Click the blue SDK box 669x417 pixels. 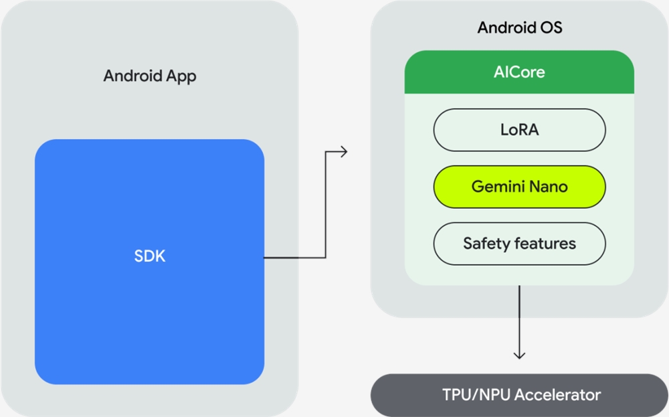[149, 261]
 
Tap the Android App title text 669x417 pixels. [150, 76]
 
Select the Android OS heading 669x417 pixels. [519, 28]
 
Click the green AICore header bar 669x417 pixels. [519, 72]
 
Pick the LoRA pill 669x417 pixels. [519, 130]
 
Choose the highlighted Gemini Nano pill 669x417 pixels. [519, 187]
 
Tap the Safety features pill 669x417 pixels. [519, 243]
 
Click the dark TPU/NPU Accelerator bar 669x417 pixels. [519, 395]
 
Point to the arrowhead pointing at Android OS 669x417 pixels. [344, 152]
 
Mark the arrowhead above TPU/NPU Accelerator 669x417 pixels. [519, 355]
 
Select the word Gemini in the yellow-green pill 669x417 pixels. [496, 187]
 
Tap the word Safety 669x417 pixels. [484, 243]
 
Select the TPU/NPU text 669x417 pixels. [470, 395]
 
